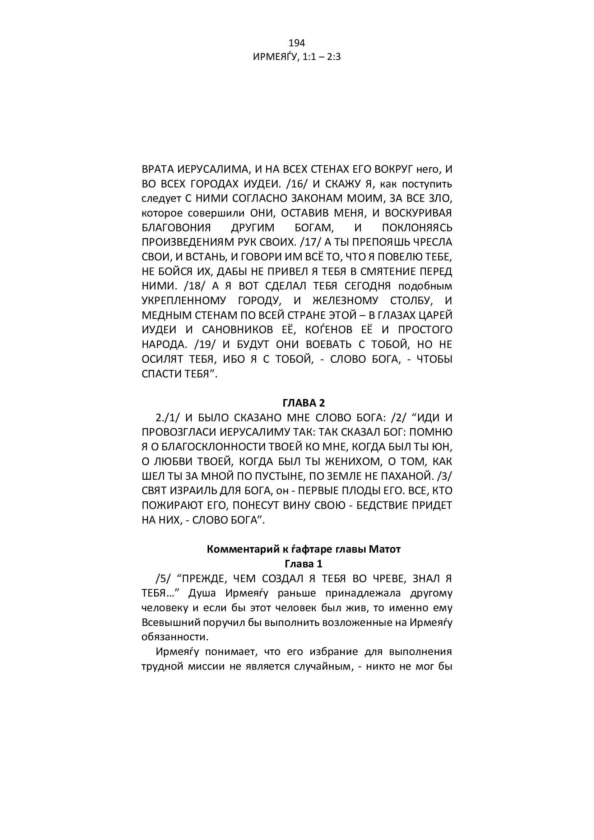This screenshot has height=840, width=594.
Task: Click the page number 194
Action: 297,43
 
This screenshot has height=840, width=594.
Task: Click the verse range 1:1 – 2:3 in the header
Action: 321,57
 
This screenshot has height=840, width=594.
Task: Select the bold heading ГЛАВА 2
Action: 303,403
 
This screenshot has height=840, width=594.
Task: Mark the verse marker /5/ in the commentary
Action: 163,579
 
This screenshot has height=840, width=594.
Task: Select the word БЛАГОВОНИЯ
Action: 176,228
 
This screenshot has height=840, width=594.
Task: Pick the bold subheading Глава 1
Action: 303,564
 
